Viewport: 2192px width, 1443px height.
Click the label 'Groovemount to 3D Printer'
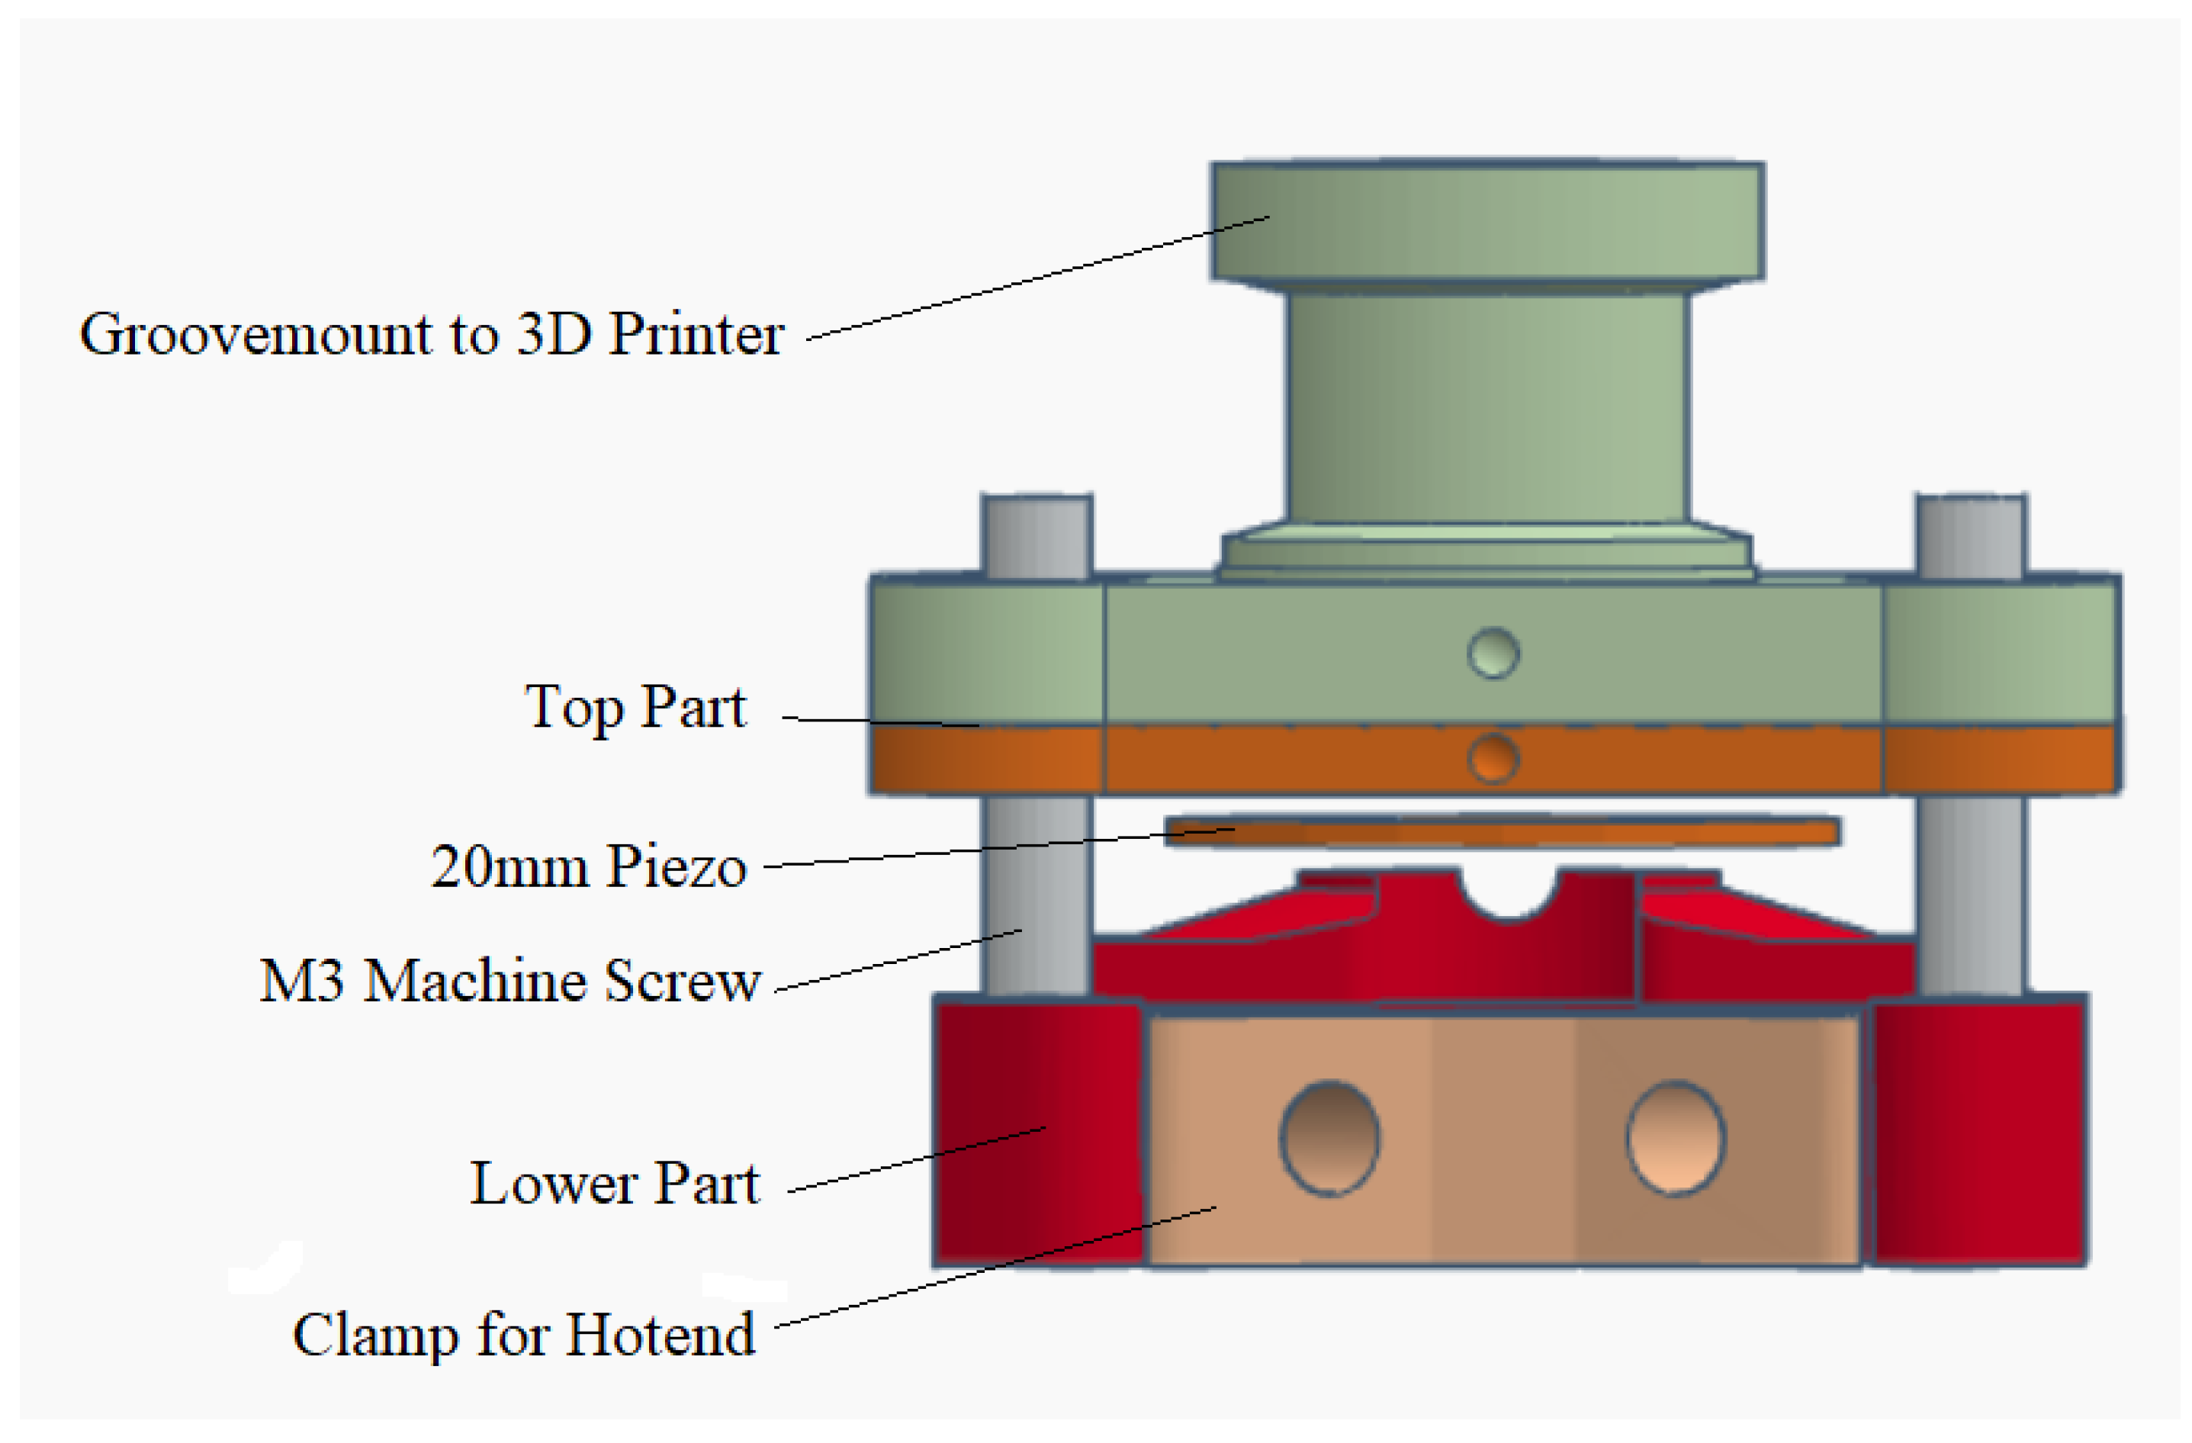pyautogui.click(x=431, y=333)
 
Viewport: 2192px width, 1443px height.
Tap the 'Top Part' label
pyautogui.click(x=635, y=707)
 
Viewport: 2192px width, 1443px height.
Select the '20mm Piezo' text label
pyautogui.click(x=589, y=866)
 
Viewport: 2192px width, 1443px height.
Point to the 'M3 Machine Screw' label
pyautogui.click(x=510, y=981)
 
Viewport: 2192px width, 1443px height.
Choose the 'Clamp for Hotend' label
pyautogui.click(x=524, y=1335)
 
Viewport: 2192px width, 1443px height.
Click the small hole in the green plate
pyautogui.click(x=1493, y=653)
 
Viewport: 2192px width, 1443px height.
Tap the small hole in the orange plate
pyautogui.click(x=1493, y=759)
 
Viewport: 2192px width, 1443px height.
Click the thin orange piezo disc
pyautogui.click(x=1501, y=831)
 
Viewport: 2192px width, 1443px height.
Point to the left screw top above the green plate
pyautogui.click(x=1037, y=537)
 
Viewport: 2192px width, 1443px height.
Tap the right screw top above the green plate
pyautogui.click(x=1971, y=537)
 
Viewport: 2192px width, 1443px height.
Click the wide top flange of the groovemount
pyautogui.click(x=1487, y=221)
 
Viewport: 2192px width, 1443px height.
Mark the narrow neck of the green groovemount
pyautogui.click(x=1487, y=405)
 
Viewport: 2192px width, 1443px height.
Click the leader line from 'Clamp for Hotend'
pyautogui.click(x=995, y=1267)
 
